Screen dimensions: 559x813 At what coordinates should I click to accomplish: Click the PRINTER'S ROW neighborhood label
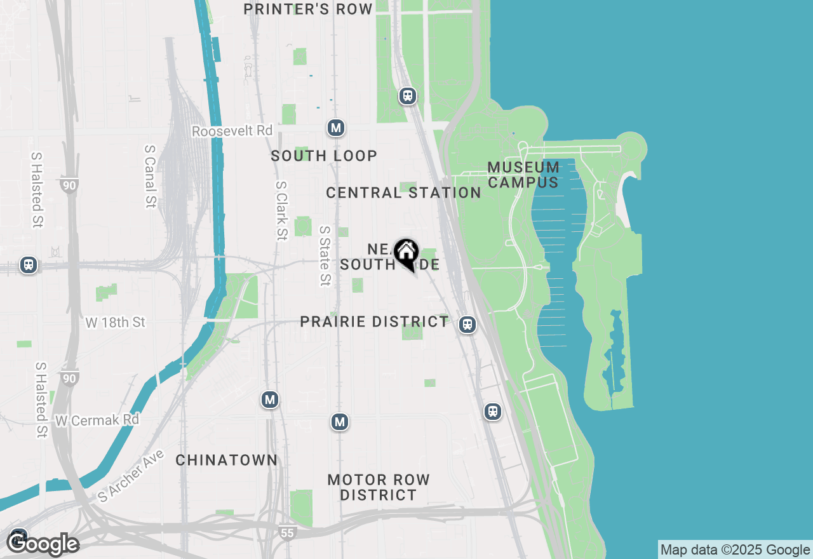click(x=308, y=9)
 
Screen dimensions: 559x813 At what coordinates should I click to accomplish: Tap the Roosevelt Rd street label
click(x=232, y=131)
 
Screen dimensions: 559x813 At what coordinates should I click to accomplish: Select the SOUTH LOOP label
click(x=324, y=156)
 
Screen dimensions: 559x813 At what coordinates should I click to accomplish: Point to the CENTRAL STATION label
click(x=403, y=192)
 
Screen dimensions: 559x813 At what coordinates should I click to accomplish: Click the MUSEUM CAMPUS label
click(x=523, y=175)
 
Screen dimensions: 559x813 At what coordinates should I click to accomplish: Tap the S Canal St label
click(x=151, y=176)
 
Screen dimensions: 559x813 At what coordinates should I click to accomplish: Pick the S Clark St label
click(x=281, y=211)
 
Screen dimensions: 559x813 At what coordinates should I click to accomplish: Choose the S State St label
click(x=325, y=255)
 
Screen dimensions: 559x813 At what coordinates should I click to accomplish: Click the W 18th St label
click(x=116, y=323)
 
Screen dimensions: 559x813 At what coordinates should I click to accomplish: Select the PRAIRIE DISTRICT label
click(x=374, y=321)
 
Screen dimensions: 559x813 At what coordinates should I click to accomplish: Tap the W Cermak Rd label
click(x=97, y=421)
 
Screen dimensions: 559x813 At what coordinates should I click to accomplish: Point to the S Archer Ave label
click(x=131, y=476)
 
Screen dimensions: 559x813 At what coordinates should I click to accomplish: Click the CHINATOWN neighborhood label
click(x=226, y=460)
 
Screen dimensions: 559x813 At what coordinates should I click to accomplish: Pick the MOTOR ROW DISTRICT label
click(x=379, y=487)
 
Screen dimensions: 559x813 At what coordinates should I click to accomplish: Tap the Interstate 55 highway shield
click(x=287, y=532)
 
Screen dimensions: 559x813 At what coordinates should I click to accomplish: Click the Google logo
click(x=43, y=544)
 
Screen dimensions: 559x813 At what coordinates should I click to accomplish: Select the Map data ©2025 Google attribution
click(x=735, y=550)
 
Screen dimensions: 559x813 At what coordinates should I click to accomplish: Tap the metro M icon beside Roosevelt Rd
click(x=336, y=128)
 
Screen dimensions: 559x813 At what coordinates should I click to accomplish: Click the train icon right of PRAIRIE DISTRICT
click(x=467, y=325)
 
